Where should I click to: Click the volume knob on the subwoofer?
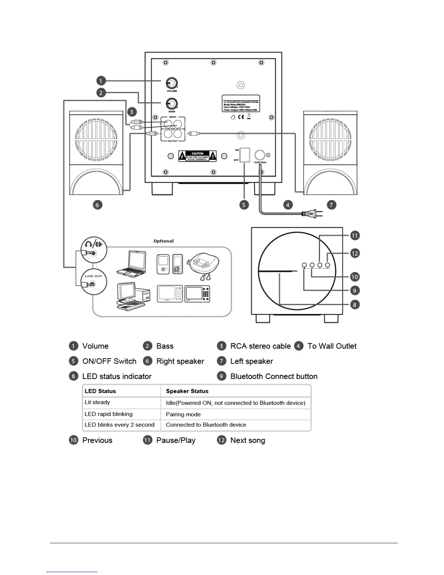172,83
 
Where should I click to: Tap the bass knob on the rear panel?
172,104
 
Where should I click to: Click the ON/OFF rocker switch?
245,155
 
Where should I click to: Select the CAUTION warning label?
197,156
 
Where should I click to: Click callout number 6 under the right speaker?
97,205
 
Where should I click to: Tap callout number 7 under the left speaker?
331,205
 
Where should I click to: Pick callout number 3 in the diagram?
132,112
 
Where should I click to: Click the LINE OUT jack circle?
94,282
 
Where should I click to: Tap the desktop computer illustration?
133,296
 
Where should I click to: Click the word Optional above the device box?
163,241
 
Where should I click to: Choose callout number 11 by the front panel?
354,236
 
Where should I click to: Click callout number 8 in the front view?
354,305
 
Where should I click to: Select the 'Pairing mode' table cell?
183,414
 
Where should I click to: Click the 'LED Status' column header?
100,391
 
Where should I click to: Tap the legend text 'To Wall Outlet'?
332,346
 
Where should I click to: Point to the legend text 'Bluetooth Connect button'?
274,376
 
